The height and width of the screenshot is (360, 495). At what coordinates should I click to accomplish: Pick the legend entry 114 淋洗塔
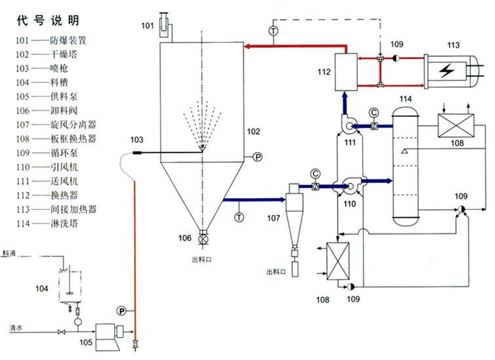pos(59,222)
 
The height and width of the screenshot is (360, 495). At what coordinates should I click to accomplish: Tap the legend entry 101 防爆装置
pos(60,40)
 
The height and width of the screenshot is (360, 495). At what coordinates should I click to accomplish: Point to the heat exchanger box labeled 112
pos(345,72)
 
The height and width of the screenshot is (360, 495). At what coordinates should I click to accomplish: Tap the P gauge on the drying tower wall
pos(257,157)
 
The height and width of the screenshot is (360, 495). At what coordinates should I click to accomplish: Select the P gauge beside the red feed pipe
pos(121,310)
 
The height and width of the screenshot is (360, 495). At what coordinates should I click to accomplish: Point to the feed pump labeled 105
pos(105,334)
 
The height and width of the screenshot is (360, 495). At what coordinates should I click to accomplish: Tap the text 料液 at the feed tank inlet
pos(9,252)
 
